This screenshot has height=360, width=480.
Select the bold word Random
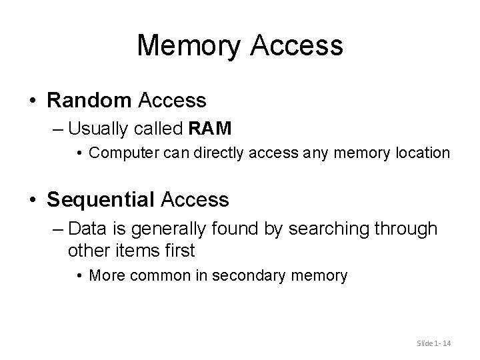tap(90, 101)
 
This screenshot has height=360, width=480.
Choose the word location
tap(423, 153)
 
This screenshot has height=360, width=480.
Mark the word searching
tap(329, 229)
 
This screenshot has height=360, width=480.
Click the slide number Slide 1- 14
tap(433, 343)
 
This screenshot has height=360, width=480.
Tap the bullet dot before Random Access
tap(32, 101)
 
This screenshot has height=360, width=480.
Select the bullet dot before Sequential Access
tap(32, 199)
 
